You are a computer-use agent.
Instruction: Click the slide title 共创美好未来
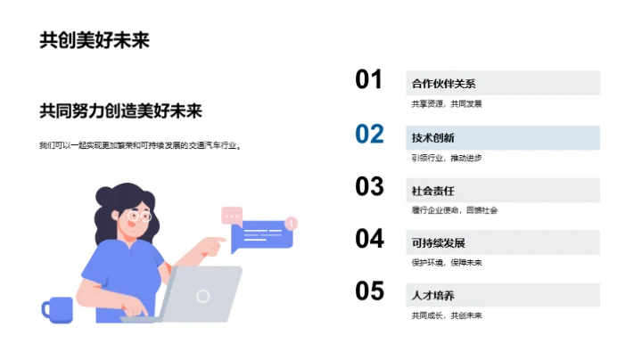(94, 41)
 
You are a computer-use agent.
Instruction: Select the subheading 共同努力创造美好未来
(120, 111)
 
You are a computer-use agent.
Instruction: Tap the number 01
(369, 80)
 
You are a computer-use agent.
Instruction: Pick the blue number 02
(369, 135)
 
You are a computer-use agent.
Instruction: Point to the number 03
(369, 186)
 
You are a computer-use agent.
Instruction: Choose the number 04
(369, 239)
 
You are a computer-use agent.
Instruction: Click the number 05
(369, 291)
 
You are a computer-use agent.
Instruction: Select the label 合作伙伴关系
(443, 85)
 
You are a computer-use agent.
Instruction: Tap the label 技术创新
(432, 138)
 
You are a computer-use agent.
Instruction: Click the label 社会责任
(432, 191)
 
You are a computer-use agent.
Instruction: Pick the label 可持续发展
(438, 243)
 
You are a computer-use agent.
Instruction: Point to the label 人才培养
(432, 296)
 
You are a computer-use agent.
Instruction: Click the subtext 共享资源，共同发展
(446, 104)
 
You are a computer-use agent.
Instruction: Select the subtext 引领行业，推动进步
(446, 158)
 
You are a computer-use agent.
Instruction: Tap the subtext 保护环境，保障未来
(446, 263)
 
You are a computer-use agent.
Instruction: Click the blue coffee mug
(58, 308)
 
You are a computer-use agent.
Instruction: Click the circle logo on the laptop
(203, 296)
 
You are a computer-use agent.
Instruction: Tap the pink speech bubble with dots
(232, 215)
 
